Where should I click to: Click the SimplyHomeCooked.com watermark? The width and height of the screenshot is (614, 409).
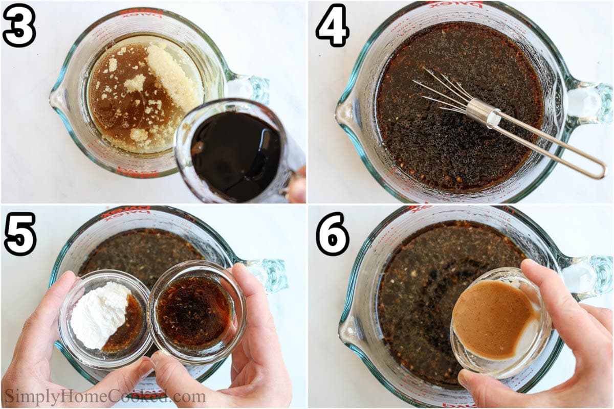[x=105, y=396]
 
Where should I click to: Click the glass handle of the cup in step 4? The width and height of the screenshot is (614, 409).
[x=588, y=102]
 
